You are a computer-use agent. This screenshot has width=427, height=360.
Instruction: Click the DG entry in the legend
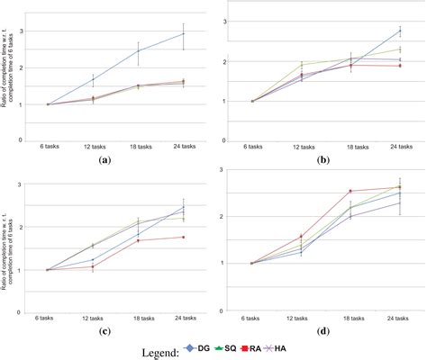(200, 346)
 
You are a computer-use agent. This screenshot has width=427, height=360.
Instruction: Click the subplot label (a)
(104, 159)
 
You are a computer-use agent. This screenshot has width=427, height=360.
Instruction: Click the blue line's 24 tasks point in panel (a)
(184, 34)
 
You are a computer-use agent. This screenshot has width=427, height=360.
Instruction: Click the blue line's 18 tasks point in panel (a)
(138, 50)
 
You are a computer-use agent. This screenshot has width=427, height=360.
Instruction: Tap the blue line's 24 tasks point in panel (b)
(398, 31)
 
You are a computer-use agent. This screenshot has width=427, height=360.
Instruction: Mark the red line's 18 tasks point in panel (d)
(350, 191)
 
